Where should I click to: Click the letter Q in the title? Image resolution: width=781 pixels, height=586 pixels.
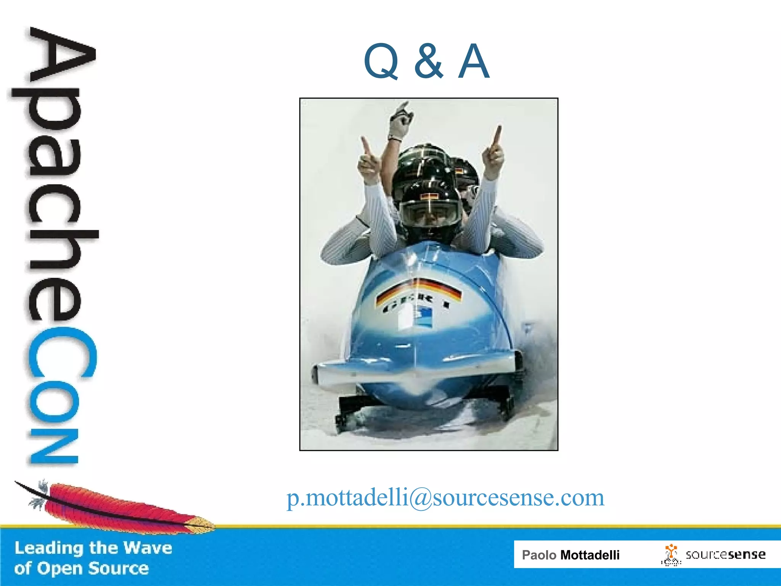pyautogui.click(x=381, y=61)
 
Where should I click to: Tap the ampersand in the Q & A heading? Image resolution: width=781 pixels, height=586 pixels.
pyautogui.click(x=429, y=61)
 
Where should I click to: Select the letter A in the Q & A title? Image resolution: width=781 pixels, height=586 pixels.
pyautogui.click(x=474, y=61)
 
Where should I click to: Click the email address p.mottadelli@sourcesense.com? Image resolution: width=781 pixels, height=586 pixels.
pyautogui.click(x=445, y=497)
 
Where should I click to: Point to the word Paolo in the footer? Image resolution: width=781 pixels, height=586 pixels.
pyautogui.click(x=539, y=555)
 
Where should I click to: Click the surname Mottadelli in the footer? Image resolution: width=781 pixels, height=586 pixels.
pyautogui.click(x=590, y=555)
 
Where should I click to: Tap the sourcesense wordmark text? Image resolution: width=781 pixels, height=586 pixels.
pyautogui.click(x=725, y=554)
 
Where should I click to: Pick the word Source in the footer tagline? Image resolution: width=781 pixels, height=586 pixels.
pyautogui.click(x=119, y=568)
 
